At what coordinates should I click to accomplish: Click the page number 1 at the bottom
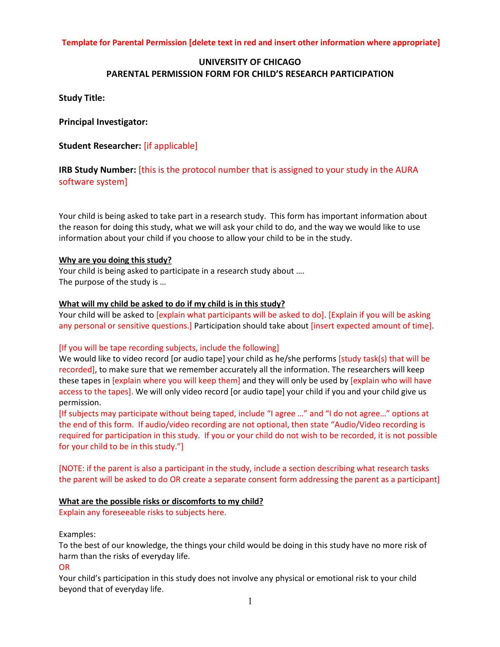[x=250, y=601]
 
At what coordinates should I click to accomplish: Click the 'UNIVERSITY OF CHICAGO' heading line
[x=250, y=62]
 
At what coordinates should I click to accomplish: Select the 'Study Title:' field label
[x=82, y=98]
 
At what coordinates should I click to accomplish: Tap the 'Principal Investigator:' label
[x=103, y=122]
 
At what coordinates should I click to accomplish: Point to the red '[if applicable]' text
[x=171, y=146]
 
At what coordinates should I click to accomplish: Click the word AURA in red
[x=407, y=170]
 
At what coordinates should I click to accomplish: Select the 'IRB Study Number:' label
[x=97, y=170]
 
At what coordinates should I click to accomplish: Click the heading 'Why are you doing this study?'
[x=115, y=260]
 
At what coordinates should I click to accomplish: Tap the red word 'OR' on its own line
[x=64, y=567]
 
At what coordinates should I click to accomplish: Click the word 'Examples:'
[x=77, y=534]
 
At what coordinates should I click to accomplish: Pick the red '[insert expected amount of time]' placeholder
[x=371, y=326]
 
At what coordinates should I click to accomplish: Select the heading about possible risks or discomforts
[x=161, y=501]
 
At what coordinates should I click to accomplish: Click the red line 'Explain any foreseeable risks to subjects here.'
[x=142, y=512]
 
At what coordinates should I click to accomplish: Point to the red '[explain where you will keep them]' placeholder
[x=176, y=380]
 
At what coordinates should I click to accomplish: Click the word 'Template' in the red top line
[x=79, y=43]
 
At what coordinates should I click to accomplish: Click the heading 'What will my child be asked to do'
[x=172, y=304]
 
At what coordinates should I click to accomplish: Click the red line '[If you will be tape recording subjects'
[x=169, y=348]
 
